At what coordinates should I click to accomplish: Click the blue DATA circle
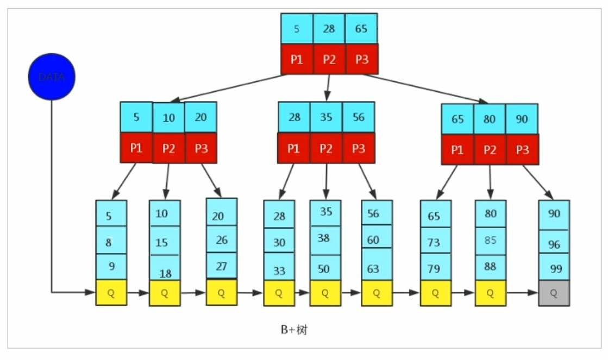coord(52,77)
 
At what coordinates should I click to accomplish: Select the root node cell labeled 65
coord(361,29)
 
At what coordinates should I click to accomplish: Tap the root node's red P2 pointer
coord(329,59)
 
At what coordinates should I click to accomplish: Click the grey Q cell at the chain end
coord(554,293)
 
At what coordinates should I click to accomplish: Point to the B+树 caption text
coord(294,330)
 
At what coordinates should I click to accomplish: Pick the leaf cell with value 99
coord(554,268)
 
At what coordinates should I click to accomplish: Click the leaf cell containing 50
coord(325,268)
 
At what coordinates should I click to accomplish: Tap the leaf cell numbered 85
coord(490,239)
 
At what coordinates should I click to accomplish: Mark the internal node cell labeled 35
coord(326,117)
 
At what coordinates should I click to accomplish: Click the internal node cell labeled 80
coord(490,119)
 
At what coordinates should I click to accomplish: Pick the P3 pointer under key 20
coord(201,148)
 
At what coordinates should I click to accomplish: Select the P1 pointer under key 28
coord(294,148)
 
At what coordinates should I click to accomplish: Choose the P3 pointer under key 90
coord(522,149)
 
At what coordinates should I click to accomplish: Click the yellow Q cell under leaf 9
coord(111,293)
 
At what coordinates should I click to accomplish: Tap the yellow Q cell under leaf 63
coord(377,293)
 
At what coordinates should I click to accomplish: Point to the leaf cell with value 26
coord(221,239)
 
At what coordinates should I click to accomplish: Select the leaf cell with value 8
coord(111,242)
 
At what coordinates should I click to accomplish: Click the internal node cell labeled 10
coord(168,118)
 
